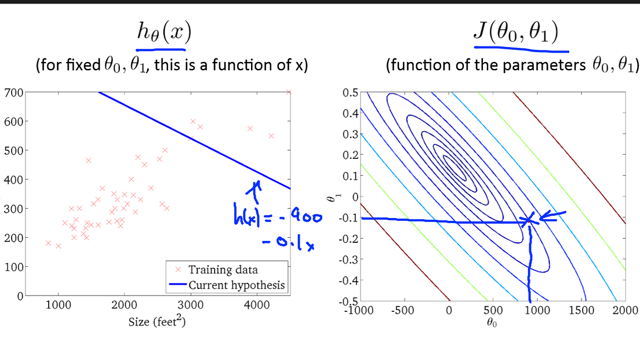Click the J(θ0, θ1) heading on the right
pos(516,33)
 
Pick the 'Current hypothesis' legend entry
pos(237,285)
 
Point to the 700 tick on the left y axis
pos(12,93)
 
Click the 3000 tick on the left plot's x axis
pos(191,307)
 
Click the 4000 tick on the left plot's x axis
pos(257,307)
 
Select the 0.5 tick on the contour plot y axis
pos(349,93)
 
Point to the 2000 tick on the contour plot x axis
pos(625,310)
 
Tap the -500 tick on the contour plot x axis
pos(403,310)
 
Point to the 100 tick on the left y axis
pos(12,267)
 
